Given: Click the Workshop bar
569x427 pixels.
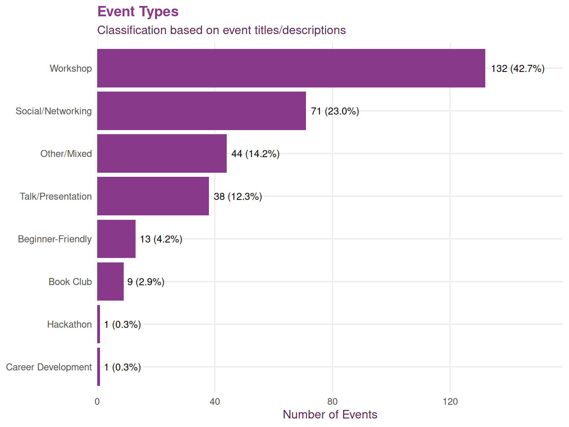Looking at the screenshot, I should [291, 68].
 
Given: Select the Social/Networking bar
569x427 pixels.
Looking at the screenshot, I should [202, 111].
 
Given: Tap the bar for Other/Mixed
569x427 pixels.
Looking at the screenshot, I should [162, 153].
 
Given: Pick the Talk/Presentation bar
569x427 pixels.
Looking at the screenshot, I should [153, 196].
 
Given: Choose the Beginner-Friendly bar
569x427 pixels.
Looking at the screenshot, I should [116, 239].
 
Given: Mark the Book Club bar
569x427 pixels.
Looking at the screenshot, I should [110, 281].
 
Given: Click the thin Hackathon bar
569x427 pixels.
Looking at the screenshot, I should [99, 324].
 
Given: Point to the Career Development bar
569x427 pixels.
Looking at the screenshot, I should [99, 367].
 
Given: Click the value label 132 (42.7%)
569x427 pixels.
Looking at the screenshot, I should [518, 69].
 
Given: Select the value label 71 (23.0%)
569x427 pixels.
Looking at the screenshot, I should [335, 111].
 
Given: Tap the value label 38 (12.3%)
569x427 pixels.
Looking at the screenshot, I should [238, 196].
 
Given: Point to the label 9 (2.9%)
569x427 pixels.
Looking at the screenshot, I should [146, 282].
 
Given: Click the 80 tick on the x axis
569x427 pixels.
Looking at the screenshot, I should [332, 401].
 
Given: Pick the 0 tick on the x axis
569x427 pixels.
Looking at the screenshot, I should [97, 401].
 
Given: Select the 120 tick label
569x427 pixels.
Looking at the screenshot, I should [450, 401].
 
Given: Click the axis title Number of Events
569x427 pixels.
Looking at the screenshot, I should [330, 414].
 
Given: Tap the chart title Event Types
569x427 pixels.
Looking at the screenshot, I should [138, 11].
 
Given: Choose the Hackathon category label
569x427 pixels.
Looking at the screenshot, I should [69, 324].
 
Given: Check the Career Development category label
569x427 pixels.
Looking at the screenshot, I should [49, 367].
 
